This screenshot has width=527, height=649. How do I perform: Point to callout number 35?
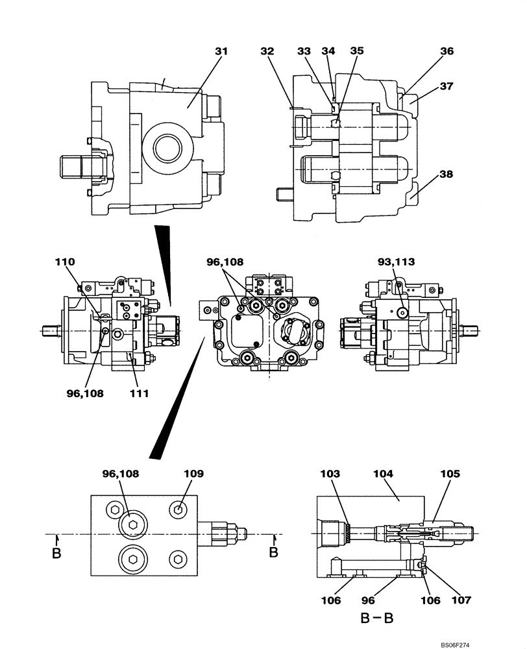tap(357, 51)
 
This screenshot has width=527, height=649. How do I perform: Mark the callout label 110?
tap(65, 262)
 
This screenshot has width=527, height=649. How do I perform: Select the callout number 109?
tap(194, 474)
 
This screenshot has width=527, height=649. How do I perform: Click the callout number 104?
tap(384, 474)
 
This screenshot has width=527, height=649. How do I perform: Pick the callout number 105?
tap(450, 474)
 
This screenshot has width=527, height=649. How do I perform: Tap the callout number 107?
tap(461, 600)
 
